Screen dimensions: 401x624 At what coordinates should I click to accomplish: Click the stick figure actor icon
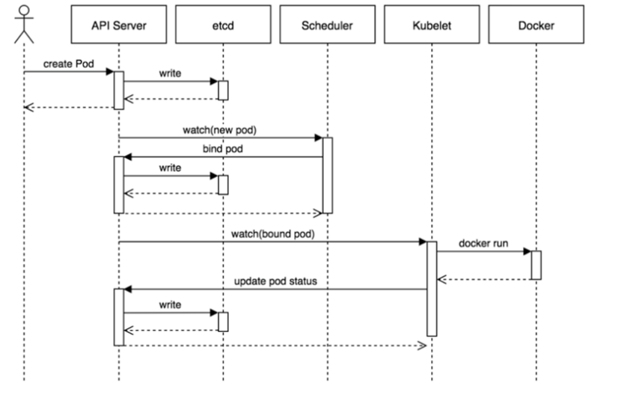point(24,22)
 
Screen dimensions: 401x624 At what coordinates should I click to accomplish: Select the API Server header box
point(118,25)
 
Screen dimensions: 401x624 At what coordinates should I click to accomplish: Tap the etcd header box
point(222,25)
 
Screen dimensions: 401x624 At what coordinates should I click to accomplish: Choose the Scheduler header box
point(327,25)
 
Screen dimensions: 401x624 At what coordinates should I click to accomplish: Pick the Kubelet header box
point(431,25)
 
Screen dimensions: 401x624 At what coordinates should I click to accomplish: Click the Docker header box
point(536,25)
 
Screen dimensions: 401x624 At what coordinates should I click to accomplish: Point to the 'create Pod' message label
point(63,64)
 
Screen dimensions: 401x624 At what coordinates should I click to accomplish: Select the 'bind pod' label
point(222,149)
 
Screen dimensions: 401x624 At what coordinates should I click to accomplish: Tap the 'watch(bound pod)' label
point(273,233)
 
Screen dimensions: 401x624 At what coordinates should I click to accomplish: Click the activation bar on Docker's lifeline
point(536,265)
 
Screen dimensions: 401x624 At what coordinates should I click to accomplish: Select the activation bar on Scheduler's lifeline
point(327,175)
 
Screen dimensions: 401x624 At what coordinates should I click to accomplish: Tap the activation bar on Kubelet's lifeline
point(431,288)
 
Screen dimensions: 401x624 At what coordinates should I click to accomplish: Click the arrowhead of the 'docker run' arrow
point(527,251)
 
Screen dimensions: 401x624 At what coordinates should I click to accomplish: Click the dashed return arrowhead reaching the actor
point(28,107)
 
